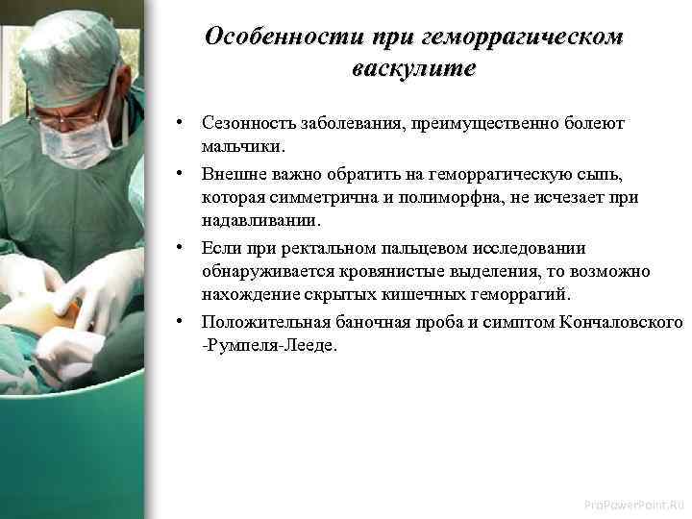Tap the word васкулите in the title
(414, 70)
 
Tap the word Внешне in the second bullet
(231, 174)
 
